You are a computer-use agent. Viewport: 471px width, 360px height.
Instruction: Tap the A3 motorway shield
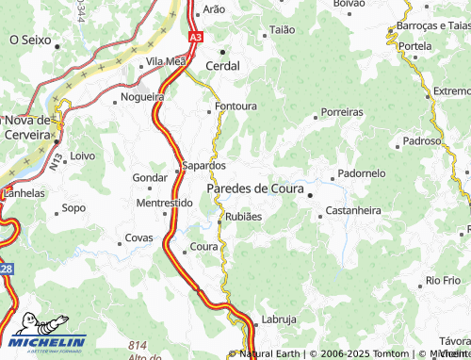pyautogui.click(x=194, y=37)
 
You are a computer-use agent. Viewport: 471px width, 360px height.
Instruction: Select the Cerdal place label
pyautogui.click(x=222, y=66)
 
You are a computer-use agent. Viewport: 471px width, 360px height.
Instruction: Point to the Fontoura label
pyautogui.click(x=235, y=106)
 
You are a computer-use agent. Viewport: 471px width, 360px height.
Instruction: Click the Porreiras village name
pyautogui.click(x=341, y=111)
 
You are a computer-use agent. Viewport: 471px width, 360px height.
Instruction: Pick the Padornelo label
pyautogui.click(x=362, y=173)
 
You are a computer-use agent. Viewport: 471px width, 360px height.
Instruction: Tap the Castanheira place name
pyautogui.click(x=353, y=210)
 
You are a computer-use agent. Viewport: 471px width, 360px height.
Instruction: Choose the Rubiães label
pyautogui.click(x=242, y=216)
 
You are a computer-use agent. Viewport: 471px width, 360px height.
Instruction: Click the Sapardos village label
pyautogui.click(x=203, y=165)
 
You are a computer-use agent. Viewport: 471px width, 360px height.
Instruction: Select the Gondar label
pyautogui.click(x=150, y=177)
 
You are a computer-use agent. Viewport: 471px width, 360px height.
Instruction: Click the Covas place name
pyautogui.click(x=138, y=237)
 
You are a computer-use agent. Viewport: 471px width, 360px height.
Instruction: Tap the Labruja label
pyautogui.click(x=279, y=319)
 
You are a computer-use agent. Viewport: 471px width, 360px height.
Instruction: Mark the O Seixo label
pyautogui.click(x=30, y=41)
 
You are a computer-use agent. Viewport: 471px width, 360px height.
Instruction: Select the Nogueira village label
pyautogui.click(x=144, y=96)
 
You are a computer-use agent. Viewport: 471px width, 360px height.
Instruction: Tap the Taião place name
pyautogui.click(x=283, y=30)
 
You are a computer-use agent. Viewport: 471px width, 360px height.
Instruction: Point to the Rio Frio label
pyautogui.click(x=443, y=280)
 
